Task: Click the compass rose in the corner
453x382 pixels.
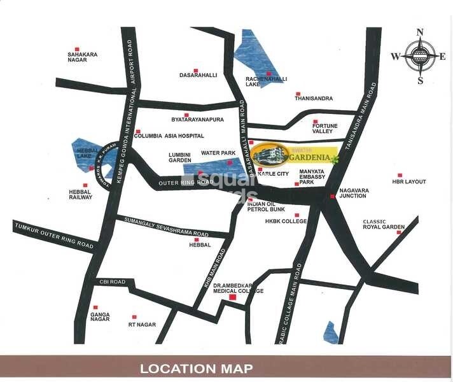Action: pos(419,56)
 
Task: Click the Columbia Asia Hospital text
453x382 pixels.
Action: pos(169,136)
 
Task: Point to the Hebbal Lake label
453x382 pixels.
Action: pos(81,152)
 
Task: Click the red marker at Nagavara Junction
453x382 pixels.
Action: pos(332,197)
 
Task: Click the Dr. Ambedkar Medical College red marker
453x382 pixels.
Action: pos(232,297)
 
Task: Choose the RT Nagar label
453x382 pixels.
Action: pos(142,325)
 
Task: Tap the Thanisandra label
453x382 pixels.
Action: pos(314,98)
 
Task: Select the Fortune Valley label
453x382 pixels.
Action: pos(324,128)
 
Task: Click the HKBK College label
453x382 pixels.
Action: pos(286,222)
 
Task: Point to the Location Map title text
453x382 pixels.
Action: pos(196,368)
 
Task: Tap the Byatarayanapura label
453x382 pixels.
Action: pos(198,119)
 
